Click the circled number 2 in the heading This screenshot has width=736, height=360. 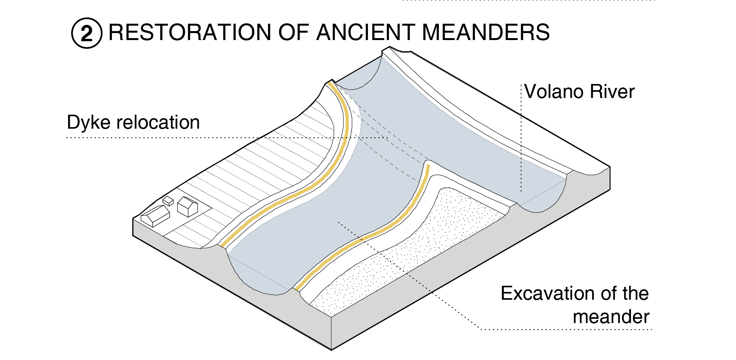pos(87,33)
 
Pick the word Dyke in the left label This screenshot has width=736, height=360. pos(88,123)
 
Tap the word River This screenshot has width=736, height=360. pos(612,92)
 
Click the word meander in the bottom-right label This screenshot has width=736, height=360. pos(611,317)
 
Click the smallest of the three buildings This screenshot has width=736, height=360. pos(168,201)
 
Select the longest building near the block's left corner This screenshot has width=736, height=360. pos(155,216)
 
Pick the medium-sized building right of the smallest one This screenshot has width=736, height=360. pos(188,206)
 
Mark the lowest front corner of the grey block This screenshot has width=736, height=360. pos(331,349)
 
